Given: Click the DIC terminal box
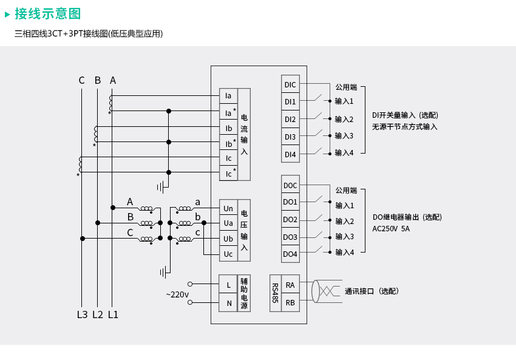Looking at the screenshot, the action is pos(290,84).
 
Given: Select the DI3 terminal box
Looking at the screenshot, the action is pos(290,136).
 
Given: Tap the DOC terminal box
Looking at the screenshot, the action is pos(290,185).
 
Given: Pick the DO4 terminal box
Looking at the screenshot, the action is pos(290,254).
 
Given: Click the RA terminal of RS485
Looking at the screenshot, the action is pos(290,284).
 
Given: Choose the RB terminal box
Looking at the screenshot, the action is pos(290,302).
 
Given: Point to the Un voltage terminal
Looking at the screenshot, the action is pos(228,208).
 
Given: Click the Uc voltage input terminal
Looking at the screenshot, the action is pos(228,254).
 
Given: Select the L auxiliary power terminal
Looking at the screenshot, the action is pos(228,284).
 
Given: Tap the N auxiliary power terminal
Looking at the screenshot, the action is pos(228,302).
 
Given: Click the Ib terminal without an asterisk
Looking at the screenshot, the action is pos(228,128).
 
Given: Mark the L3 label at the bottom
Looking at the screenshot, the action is pos(83,315).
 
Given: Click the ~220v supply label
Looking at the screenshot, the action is pos(177,294).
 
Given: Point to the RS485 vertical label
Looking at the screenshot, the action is pos(275,293).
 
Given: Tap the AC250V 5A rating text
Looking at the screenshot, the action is pos(391,229).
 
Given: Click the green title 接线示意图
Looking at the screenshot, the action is pos(48,14).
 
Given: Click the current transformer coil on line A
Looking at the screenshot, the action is pos(110,103).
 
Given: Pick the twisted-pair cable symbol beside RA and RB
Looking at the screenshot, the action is pos(326,291).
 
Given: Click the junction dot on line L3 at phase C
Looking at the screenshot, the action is pos(83,238).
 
